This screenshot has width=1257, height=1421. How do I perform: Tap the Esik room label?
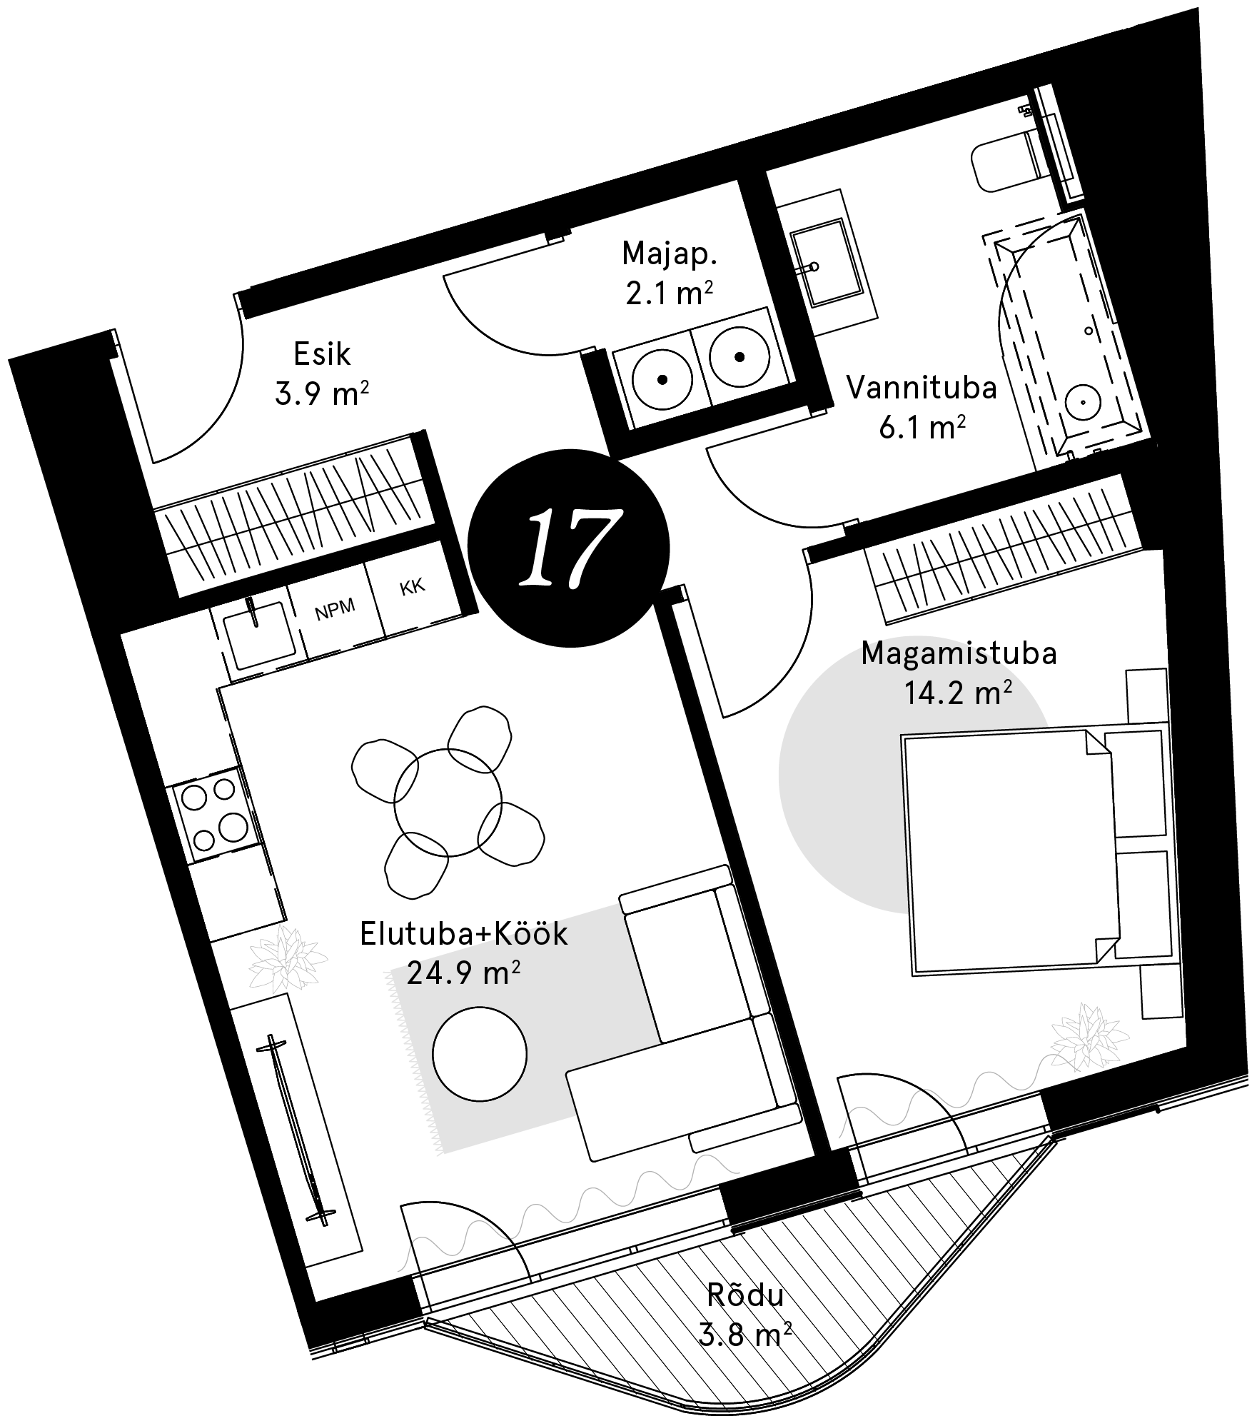(322, 354)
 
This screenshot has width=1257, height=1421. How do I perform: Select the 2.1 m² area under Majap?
(669, 293)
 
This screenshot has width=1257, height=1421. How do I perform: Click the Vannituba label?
(921, 388)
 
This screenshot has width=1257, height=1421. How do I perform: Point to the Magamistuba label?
(959, 653)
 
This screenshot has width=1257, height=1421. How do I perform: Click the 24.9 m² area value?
(462, 973)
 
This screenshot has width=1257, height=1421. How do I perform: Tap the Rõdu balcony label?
(745, 1296)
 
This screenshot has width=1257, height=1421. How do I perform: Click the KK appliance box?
(412, 587)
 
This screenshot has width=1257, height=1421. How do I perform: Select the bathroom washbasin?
(825, 262)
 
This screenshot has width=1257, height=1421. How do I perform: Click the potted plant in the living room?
(287, 960)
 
